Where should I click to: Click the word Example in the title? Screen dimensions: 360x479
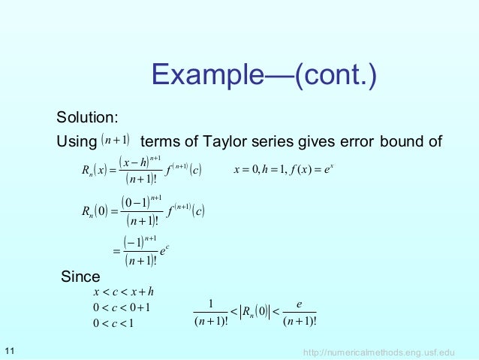coord(202,74)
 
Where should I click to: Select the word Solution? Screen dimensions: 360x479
coord(86,118)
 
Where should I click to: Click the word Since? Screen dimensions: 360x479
coord(80,276)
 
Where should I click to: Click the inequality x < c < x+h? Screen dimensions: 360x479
coord(122,292)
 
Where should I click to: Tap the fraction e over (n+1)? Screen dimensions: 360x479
coord(300,314)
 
